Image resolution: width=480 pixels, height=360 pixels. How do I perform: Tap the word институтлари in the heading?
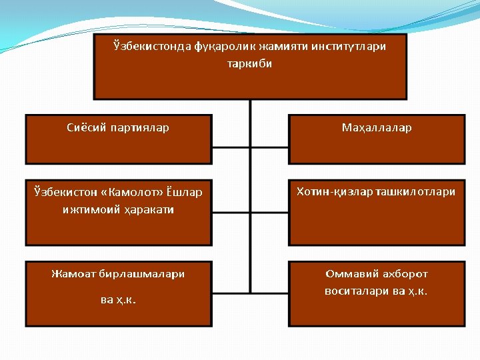[x=348, y=47]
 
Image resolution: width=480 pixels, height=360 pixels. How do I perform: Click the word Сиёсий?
[x=87, y=127]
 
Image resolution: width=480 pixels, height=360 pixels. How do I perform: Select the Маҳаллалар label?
[x=377, y=127]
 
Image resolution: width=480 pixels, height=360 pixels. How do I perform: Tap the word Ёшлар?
[x=183, y=193]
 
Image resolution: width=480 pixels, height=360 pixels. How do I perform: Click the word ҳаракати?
[x=147, y=209]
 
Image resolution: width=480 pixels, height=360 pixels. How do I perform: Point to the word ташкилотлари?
[x=416, y=192]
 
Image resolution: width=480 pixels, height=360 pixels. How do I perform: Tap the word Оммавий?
[x=352, y=273]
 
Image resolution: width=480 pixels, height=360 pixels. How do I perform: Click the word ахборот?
[x=405, y=273]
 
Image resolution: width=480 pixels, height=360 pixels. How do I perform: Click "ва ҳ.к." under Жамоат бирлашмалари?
[x=118, y=299]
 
